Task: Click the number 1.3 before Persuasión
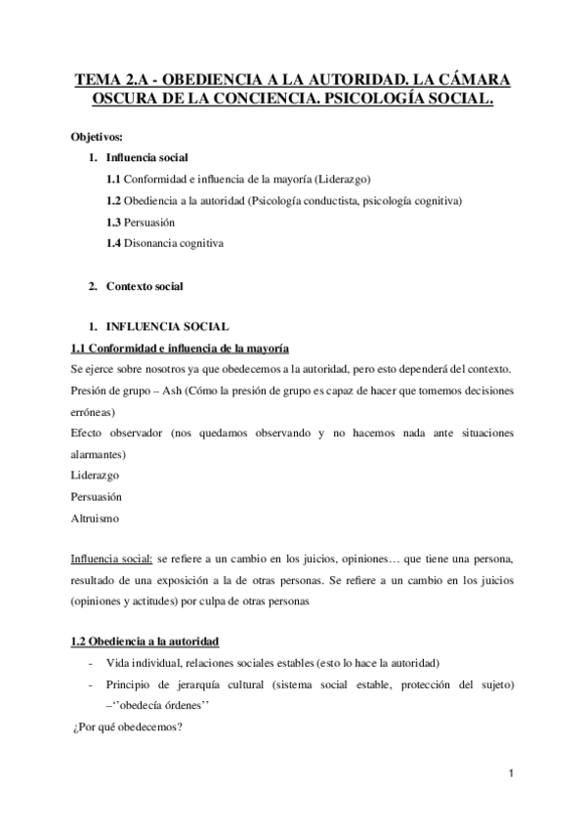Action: pyautogui.click(x=114, y=223)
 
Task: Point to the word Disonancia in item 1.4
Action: pyautogui.click(x=154, y=244)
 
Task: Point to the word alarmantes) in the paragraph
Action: pyautogui.click(x=103, y=453)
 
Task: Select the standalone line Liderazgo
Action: pyautogui.click(x=96, y=475)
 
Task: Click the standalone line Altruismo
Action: pyautogui.click(x=95, y=518)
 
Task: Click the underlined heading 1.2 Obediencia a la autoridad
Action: pyautogui.click(x=146, y=641)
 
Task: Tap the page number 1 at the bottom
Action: pyautogui.click(x=511, y=775)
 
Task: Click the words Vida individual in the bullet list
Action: pyautogui.click(x=140, y=662)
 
